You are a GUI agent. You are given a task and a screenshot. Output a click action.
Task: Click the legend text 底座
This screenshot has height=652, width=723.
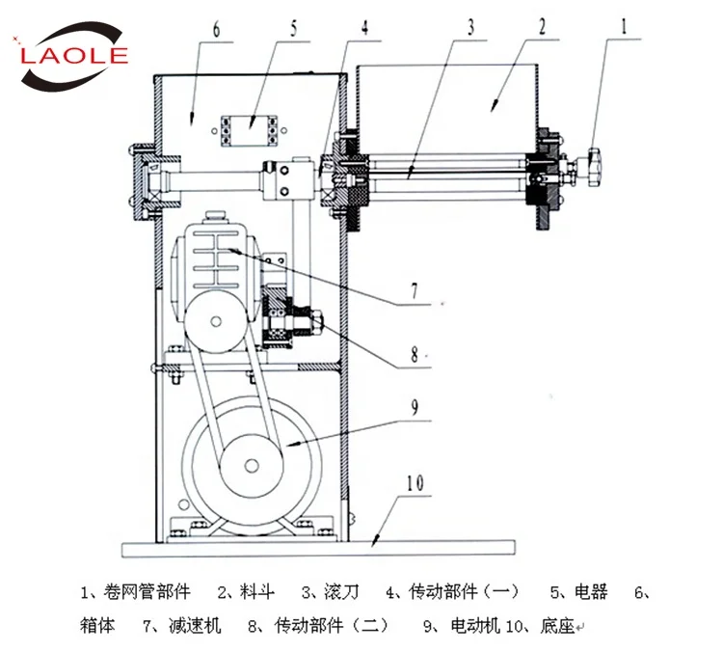point(557,625)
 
